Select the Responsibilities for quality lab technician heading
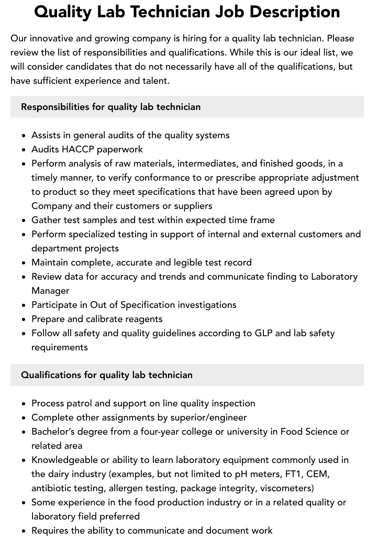click(x=110, y=107)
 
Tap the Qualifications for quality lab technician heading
click(x=107, y=375)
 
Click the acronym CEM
click(x=318, y=474)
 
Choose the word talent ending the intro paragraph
click(x=154, y=81)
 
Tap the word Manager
click(x=50, y=291)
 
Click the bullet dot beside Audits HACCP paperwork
click(x=24, y=150)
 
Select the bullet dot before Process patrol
click(x=24, y=404)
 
